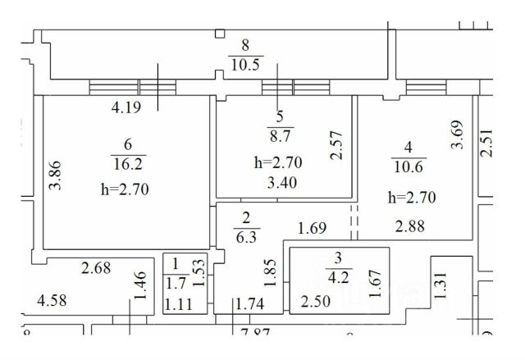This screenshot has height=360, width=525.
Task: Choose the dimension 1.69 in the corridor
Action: click(x=313, y=227)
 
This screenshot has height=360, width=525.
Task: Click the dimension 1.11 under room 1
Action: click(x=178, y=305)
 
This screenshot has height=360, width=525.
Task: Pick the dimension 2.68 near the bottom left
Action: click(x=97, y=267)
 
